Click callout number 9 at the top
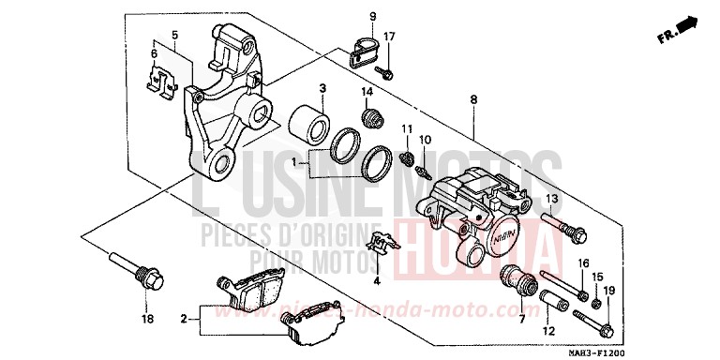tap(371, 17)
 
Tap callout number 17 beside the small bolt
tap(390, 37)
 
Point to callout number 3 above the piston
tap(322, 88)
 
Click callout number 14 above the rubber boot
tap(368, 92)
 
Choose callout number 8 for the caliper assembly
tap(474, 99)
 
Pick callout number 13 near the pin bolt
tap(552, 199)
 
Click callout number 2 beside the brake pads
tap(184, 318)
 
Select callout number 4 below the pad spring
tap(376, 280)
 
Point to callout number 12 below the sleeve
tap(547, 331)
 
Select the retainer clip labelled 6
tap(162, 83)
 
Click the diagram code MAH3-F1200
tap(684, 350)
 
